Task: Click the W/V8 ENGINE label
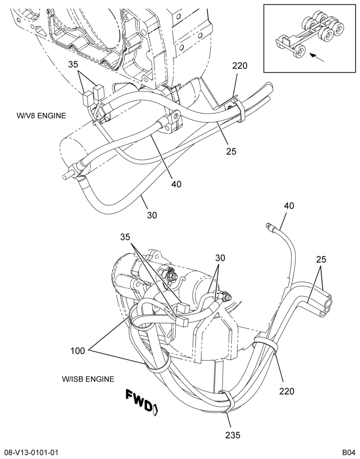click(41, 116)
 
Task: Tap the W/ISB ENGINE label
click(88, 379)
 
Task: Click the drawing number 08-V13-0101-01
click(29, 453)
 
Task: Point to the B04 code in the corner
click(349, 453)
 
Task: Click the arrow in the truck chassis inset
click(317, 58)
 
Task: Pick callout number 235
click(232, 435)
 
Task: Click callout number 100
click(77, 350)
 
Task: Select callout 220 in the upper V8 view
click(240, 66)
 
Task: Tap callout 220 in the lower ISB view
click(287, 391)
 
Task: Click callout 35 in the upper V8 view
click(73, 64)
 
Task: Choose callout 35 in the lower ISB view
click(125, 237)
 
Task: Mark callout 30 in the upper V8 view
click(152, 215)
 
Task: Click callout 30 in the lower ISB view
click(220, 258)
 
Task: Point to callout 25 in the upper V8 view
click(231, 151)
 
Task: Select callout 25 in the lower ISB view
click(321, 259)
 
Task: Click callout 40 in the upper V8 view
click(176, 184)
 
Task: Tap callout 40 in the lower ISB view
click(289, 206)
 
